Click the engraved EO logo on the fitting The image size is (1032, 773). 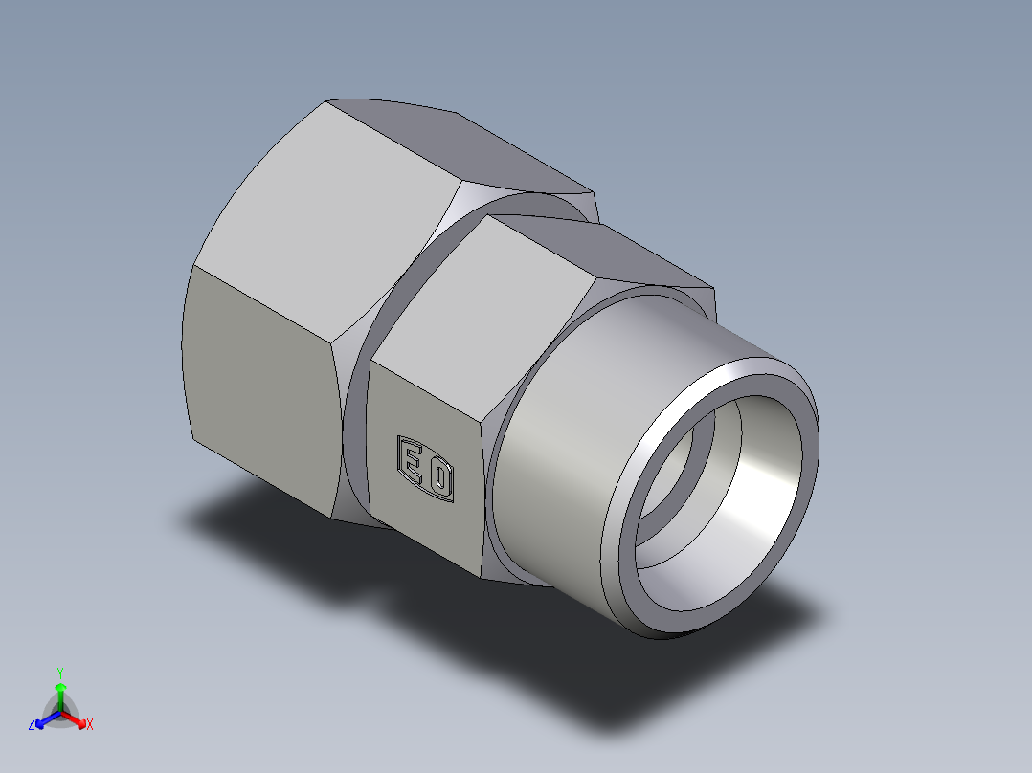[x=426, y=468]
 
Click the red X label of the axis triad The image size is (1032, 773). [x=90, y=725]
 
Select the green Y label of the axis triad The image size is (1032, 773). [x=59, y=673]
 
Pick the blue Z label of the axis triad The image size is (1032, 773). [x=32, y=725]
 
